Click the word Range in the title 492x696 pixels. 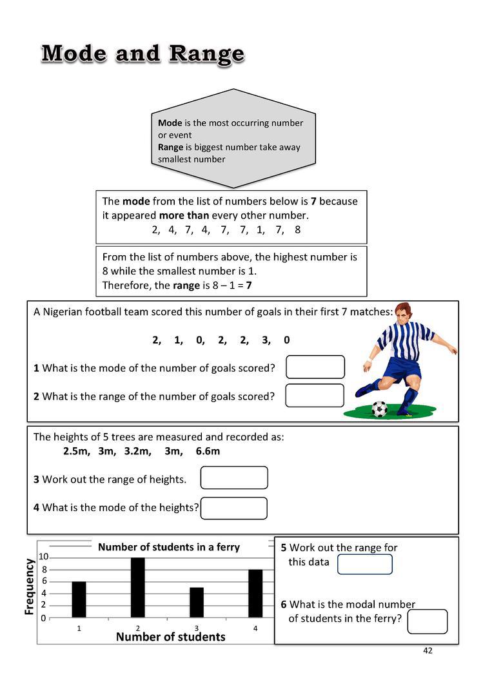click(x=206, y=53)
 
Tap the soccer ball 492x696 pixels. click(x=380, y=409)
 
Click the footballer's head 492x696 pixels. click(x=403, y=313)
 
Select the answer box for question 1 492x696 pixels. click(x=315, y=367)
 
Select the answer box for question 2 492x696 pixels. click(x=315, y=395)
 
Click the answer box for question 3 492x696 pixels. click(x=234, y=478)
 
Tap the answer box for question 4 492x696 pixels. click(x=233, y=508)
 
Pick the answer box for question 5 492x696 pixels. click(x=364, y=564)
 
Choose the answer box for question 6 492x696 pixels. click(x=427, y=621)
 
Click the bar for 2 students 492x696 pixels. click(x=138, y=588)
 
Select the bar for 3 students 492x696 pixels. click(x=197, y=603)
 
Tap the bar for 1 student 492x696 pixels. click(x=79, y=599)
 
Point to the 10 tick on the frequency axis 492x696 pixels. click(x=43, y=557)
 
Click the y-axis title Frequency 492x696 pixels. click(x=30, y=586)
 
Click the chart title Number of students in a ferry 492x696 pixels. click(x=168, y=547)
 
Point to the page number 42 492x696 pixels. click(x=428, y=650)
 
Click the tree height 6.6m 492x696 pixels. click(x=208, y=451)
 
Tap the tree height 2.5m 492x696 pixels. click(x=77, y=451)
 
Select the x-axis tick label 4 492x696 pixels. click(x=255, y=628)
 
